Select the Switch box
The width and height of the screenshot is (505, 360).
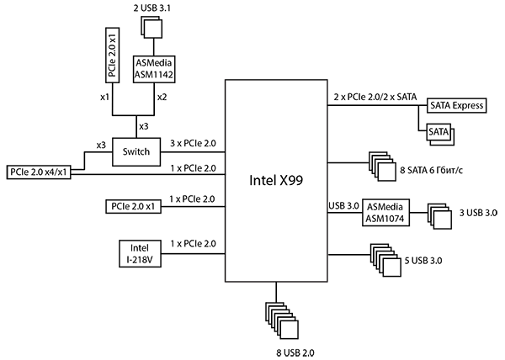(136, 152)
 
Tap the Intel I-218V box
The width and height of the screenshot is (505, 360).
(140, 253)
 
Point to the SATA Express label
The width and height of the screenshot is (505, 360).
(454, 106)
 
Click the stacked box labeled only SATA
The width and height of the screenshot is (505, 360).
(439, 134)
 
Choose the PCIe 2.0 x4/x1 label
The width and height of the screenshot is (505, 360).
(39, 172)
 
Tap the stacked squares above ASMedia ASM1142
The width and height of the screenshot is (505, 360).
(151, 28)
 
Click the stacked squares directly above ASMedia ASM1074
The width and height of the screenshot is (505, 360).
(382, 167)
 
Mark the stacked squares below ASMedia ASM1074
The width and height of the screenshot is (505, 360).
(386, 261)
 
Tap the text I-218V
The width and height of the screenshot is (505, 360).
(140, 260)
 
